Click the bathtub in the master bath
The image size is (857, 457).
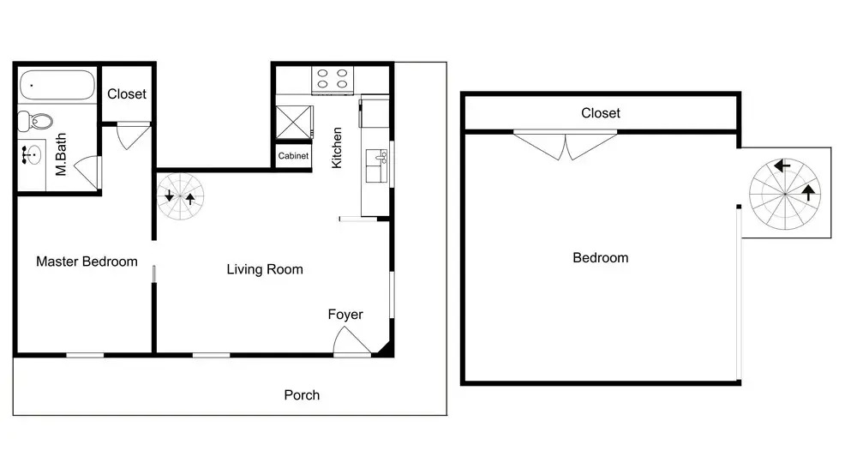point(57,85)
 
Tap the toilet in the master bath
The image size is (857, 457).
point(35,121)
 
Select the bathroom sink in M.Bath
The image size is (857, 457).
point(33,154)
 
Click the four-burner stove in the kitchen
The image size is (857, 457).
point(333,79)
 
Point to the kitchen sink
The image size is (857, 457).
point(376,165)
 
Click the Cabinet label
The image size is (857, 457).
point(293,156)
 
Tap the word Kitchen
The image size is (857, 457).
point(337,147)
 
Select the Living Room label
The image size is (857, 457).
point(265,269)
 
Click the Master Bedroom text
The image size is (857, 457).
point(87,262)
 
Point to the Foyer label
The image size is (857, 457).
point(345,315)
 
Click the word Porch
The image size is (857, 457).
point(302,394)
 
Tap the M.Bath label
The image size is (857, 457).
point(61,154)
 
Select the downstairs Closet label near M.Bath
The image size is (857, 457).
point(127,94)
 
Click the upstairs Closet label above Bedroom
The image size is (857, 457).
point(601,113)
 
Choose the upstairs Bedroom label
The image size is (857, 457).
point(601,257)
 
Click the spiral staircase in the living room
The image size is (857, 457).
point(180,196)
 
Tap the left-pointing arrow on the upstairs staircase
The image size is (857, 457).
point(782,165)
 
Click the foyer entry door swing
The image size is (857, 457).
point(351,340)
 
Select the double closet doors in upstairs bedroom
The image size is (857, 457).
point(565,145)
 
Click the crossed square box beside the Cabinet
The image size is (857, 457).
point(294,123)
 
